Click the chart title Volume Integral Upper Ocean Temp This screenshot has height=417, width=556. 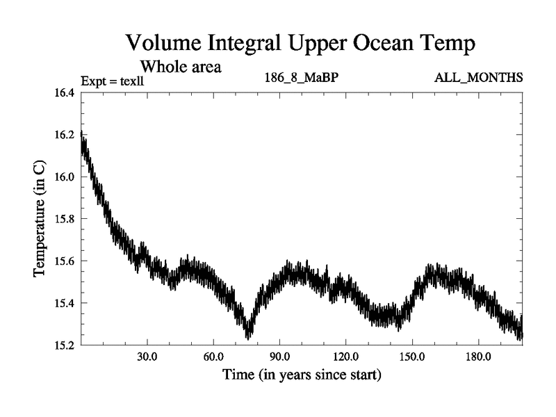point(300,44)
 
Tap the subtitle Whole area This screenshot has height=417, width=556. point(181,67)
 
